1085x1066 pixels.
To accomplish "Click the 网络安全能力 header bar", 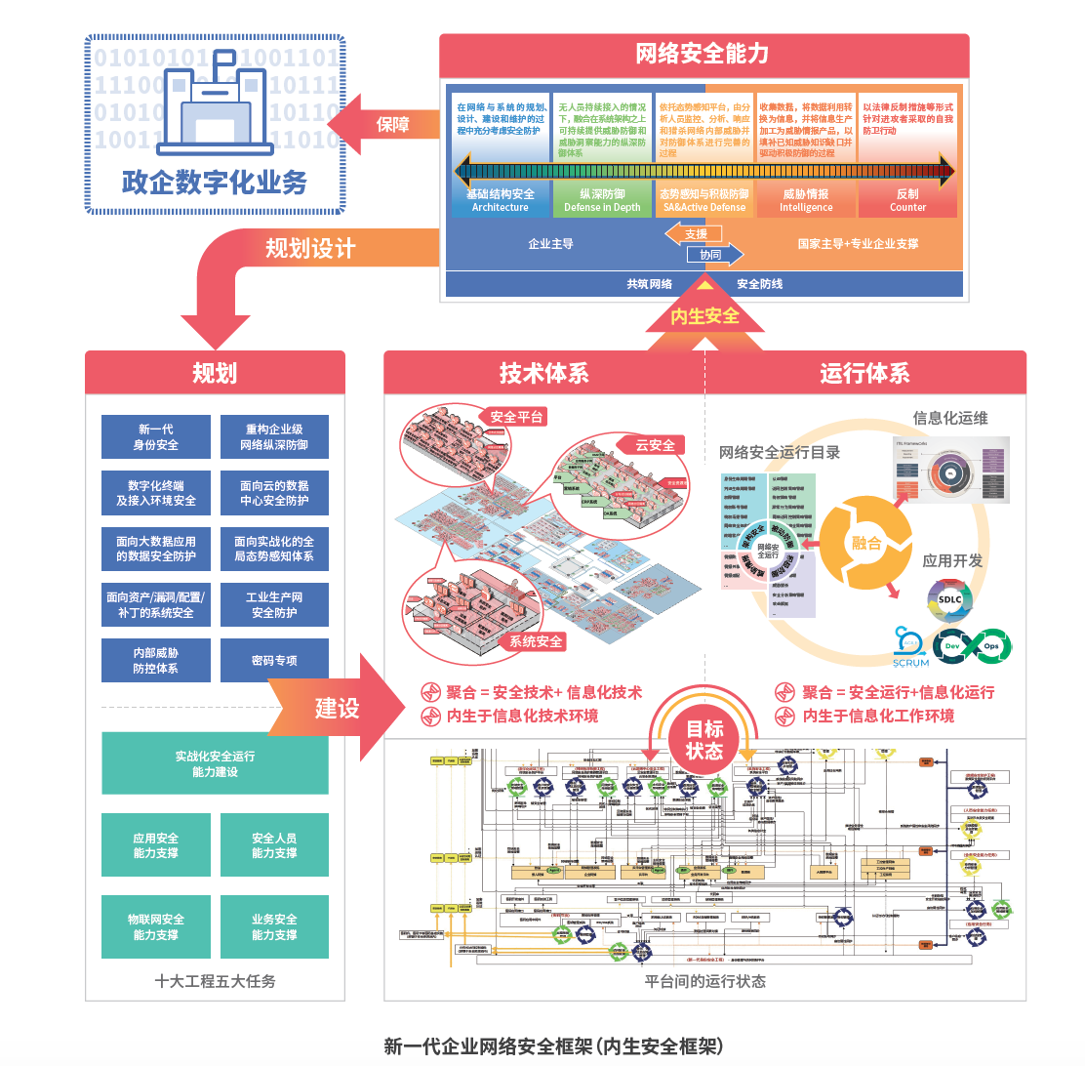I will [703, 54].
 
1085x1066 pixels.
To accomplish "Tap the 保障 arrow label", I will [392, 124].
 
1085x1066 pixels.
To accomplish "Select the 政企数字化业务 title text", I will [214, 183].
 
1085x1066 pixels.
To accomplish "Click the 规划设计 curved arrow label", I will [310, 249].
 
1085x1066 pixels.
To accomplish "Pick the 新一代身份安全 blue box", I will [156, 437].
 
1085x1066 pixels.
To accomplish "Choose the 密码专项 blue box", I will [274, 661].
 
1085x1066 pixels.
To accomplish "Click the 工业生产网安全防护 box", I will [274, 605].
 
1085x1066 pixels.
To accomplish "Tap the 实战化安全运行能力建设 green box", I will [215, 764].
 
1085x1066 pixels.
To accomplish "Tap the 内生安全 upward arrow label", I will [704, 316].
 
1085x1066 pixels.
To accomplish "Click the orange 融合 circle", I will [866, 543].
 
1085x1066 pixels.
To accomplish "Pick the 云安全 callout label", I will [655, 445].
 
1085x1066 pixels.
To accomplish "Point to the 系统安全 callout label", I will [536, 641].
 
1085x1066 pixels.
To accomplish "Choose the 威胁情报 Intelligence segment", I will [806, 200].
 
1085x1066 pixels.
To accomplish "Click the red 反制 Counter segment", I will [907, 200].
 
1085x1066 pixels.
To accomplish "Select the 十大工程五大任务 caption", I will [215, 981].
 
